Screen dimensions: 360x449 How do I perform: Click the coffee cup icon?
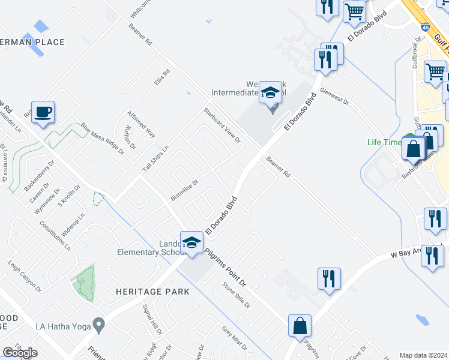point(43,112)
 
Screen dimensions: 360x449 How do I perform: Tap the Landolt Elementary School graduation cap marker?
point(191,242)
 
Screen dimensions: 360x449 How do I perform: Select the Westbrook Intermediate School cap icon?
point(271,92)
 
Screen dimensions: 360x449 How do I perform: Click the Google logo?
point(20,353)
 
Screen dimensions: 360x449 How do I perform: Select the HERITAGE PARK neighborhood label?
point(152,292)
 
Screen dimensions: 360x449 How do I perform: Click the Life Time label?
point(385,142)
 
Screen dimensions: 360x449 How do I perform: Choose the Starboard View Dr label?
point(221,125)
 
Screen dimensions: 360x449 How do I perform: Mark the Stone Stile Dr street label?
point(236,295)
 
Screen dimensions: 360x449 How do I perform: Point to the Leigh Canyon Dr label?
point(25,276)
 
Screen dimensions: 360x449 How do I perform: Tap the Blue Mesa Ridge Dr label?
point(102,139)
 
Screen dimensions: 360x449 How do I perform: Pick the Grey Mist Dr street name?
point(234,338)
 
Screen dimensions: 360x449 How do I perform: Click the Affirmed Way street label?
point(141,124)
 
